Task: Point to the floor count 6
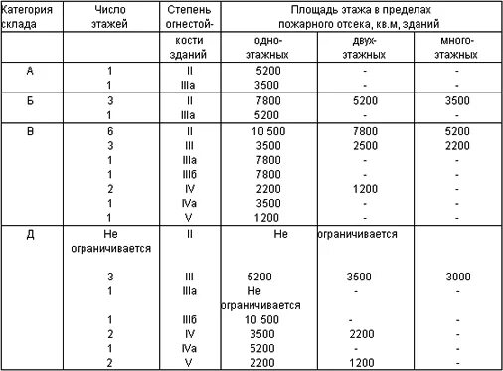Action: (x=111, y=130)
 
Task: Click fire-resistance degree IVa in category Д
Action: (x=188, y=349)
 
